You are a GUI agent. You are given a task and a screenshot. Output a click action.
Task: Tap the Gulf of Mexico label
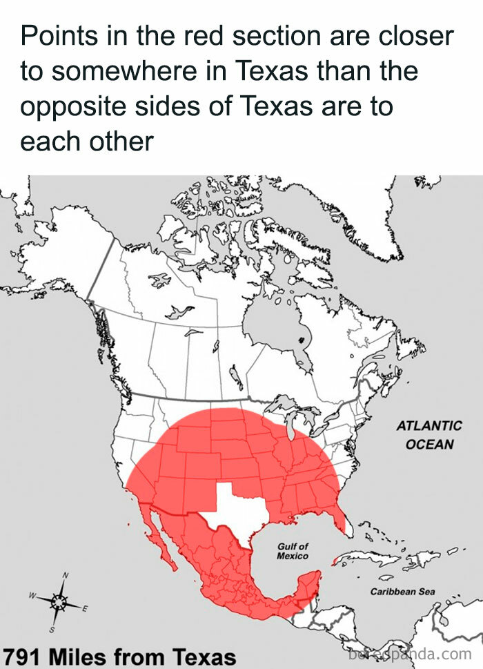coord(293,551)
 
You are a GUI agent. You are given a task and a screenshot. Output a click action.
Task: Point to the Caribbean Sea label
coord(402,592)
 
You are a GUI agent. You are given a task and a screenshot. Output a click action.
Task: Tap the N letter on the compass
coord(66,575)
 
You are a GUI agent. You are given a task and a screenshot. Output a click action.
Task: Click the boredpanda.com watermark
coord(411,652)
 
